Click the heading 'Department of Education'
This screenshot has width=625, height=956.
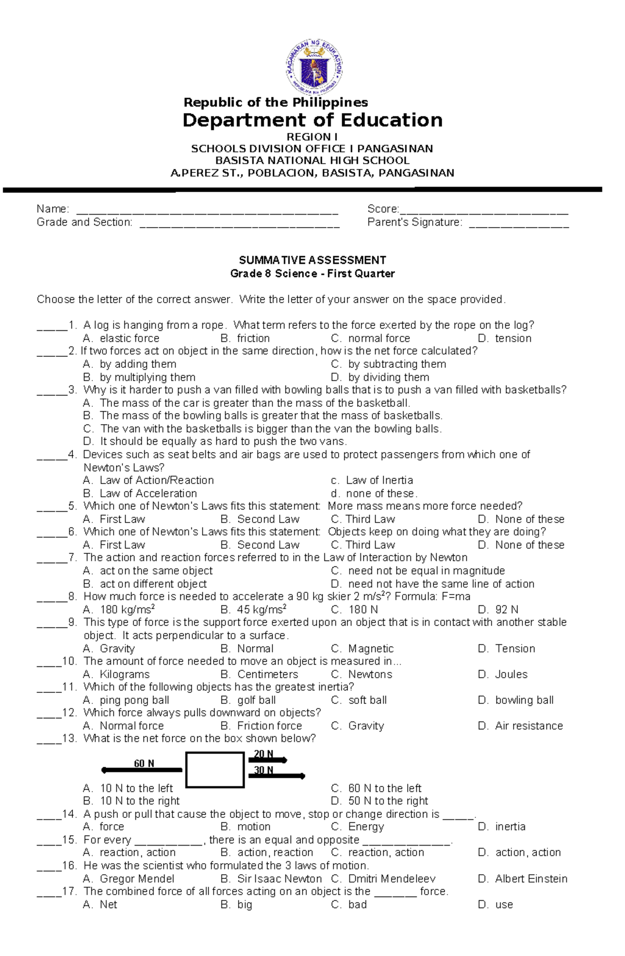pos(312,120)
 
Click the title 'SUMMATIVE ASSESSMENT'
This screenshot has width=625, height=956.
pos(312,260)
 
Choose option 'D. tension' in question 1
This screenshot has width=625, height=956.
pos(505,338)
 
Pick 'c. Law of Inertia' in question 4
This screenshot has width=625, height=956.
pos(372,480)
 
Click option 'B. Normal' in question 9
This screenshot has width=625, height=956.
pos(247,649)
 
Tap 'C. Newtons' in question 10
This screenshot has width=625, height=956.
pos(361,674)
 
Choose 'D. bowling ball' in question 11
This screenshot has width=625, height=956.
pos(516,700)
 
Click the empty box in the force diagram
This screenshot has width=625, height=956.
pos(215,769)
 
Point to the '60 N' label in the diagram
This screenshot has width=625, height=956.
pos(144,764)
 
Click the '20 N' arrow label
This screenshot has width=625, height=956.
pos(264,754)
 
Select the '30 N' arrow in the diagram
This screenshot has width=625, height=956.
pos(276,776)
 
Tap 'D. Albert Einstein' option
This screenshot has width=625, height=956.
pos(522,879)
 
